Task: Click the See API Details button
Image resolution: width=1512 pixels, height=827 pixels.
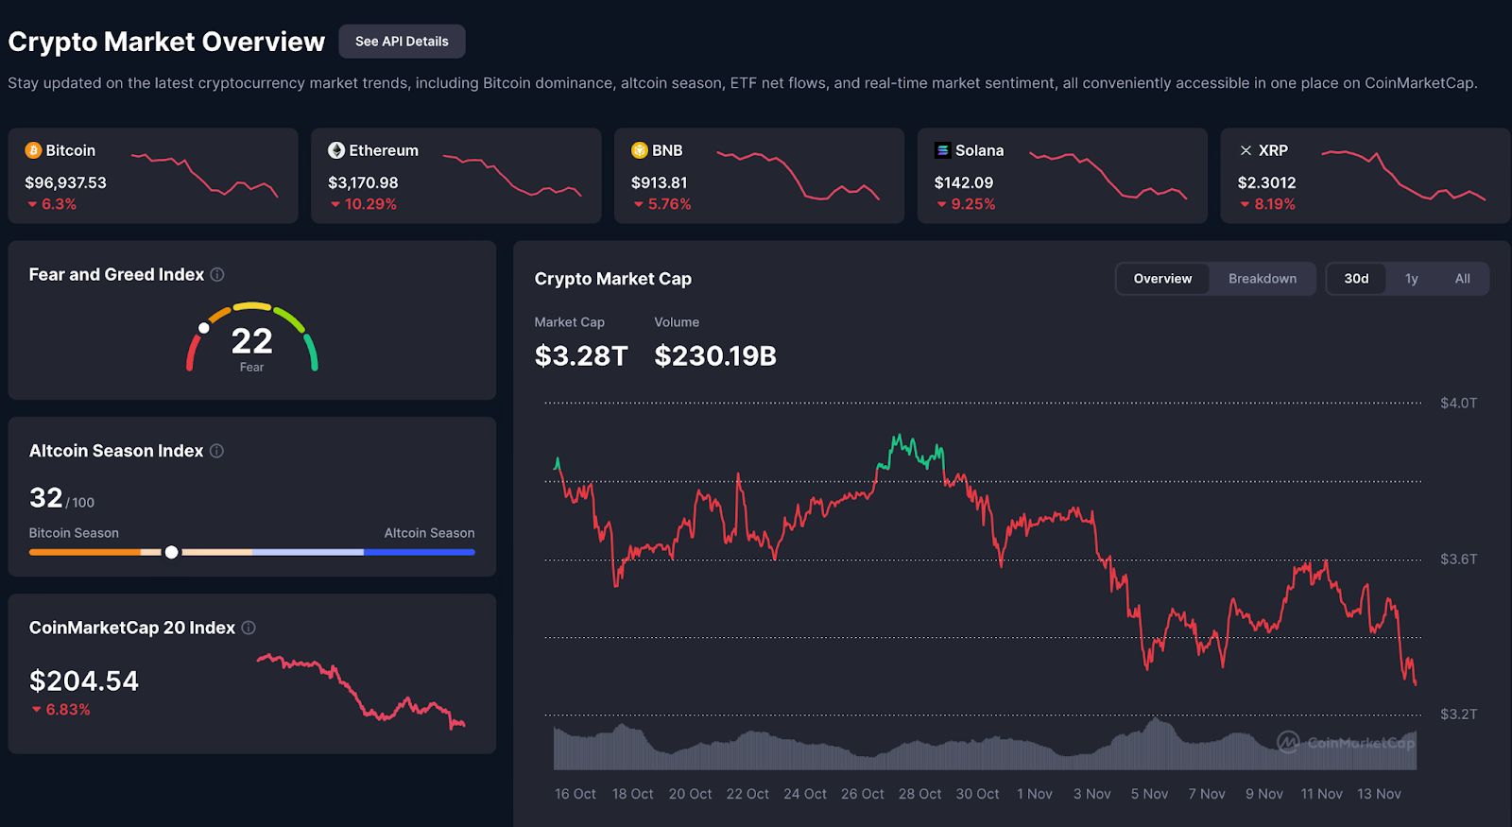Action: tap(402, 42)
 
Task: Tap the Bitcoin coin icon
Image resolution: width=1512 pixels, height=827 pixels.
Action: tap(33, 150)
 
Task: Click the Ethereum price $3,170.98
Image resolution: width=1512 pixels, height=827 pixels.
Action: tap(363, 182)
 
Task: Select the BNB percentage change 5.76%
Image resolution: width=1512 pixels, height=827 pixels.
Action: tap(669, 204)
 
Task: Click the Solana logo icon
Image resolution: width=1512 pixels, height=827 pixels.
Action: tap(942, 150)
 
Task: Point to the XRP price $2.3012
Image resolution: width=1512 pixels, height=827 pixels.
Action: tap(1266, 182)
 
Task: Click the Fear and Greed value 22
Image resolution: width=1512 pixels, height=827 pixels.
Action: tap(251, 340)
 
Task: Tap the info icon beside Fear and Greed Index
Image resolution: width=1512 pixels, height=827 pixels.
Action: tap(217, 275)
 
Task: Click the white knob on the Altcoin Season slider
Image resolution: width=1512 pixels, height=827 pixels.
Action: tap(171, 552)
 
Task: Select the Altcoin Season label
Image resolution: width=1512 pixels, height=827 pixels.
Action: tap(429, 533)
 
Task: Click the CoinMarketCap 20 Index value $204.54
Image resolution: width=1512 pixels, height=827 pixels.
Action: tap(84, 681)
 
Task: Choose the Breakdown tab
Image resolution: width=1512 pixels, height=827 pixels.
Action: tap(1263, 279)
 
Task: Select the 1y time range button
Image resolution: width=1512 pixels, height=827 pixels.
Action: tap(1411, 279)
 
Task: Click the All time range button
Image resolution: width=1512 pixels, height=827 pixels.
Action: tap(1462, 279)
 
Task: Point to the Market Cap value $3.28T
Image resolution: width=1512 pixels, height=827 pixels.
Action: tap(581, 356)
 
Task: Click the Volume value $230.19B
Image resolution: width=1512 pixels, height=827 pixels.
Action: tap(715, 356)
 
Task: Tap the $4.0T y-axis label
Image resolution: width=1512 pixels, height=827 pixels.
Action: tap(1458, 404)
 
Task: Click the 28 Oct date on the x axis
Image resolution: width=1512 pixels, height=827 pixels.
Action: tap(919, 794)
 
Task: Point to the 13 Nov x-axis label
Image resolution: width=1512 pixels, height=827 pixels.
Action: tap(1379, 794)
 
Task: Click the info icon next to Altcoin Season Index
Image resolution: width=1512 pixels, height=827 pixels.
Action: tap(216, 452)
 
